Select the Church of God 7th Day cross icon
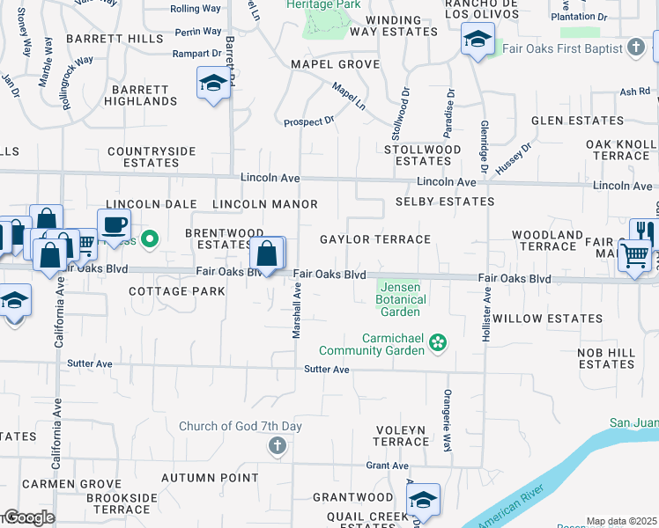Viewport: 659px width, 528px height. [x=277, y=446]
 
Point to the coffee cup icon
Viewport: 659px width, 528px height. [x=114, y=224]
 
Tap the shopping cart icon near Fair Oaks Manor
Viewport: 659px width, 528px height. [x=635, y=256]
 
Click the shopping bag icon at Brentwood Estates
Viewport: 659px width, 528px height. [x=267, y=254]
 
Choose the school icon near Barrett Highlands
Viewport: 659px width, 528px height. [x=212, y=84]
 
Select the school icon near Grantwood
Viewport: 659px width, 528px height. [x=424, y=501]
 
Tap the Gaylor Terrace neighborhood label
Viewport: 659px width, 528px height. [x=374, y=239]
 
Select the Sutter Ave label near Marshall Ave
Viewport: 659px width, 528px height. [x=328, y=370]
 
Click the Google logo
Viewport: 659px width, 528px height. [x=28, y=517]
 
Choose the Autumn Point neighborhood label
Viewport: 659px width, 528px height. [x=201, y=478]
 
